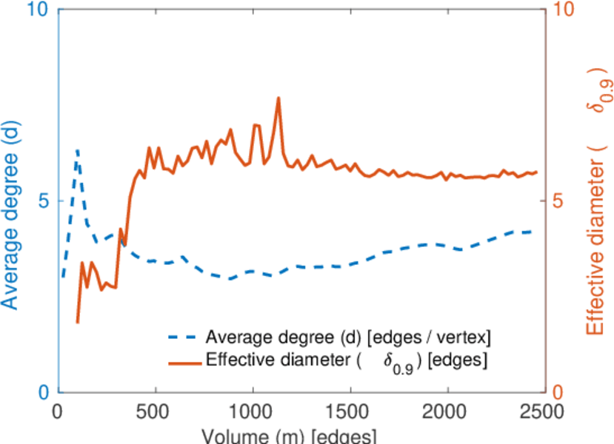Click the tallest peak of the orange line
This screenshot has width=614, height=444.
278,98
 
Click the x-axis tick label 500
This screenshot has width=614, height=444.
155,412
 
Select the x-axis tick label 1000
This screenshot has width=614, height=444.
253,412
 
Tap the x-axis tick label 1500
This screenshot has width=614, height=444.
350,412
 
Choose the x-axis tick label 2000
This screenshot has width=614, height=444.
447,412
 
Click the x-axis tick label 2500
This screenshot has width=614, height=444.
544,412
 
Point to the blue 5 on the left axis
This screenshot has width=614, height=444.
42,201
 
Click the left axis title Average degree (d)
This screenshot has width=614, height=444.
13,200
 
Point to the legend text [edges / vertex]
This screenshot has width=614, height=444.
430,338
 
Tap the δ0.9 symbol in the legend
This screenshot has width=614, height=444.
398,363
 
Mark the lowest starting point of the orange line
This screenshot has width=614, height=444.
77,322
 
